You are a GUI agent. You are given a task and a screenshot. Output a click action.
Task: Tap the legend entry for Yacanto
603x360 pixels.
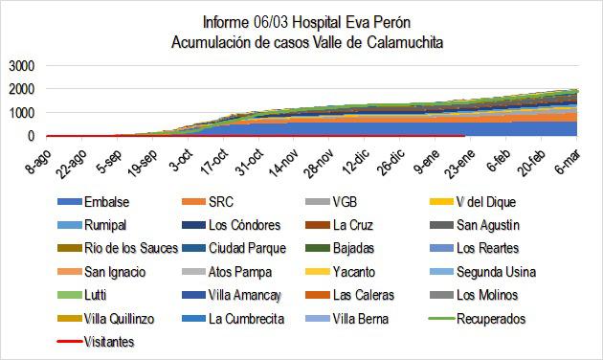click(357, 272)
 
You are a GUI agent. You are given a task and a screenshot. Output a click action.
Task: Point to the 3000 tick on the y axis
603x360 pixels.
click(20, 66)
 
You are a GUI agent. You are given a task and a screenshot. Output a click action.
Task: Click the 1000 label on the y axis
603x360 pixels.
click(20, 113)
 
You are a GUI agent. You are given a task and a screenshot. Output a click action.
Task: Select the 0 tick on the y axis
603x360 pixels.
click(30, 136)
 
